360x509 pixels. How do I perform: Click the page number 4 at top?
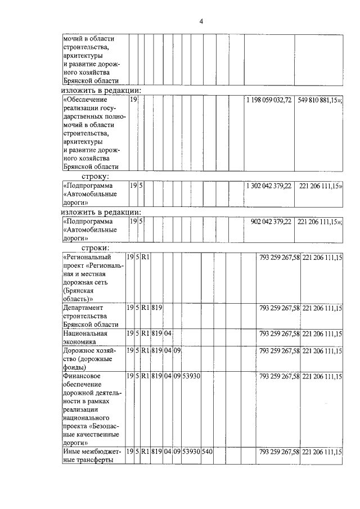tap(201, 21)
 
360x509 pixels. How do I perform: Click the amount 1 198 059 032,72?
tap(269, 100)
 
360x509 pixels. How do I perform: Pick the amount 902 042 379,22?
tap(272, 222)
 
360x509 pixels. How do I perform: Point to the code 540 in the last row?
tap(206, 452)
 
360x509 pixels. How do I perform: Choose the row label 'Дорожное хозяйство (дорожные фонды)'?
tap(89, 359)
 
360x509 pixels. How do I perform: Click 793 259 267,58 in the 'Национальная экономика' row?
tap(279, 334)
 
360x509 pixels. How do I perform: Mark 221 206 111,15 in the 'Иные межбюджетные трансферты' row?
tap(322, 452)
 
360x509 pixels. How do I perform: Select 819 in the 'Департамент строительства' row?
tap(156, 308)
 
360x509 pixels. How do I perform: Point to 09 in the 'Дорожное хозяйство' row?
tap(176, 350)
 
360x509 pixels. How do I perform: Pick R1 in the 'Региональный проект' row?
tap(145, 257)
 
